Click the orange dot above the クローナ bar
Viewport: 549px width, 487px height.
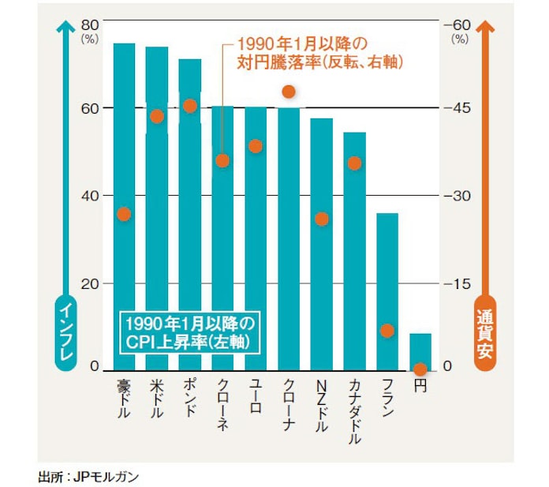(x=289, y=92)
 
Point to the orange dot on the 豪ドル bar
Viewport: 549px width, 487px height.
(x=124, y=214)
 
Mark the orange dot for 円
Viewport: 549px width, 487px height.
(x=420, y=369)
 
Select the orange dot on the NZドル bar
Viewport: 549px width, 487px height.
(x=321, y=219)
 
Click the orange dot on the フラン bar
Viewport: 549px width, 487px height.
(x=387, y=331)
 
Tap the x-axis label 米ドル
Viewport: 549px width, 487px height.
(x=156, y=399)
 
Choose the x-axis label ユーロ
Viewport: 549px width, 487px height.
(x=255, y=395)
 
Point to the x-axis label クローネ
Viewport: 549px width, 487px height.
(x=222, y=403)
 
